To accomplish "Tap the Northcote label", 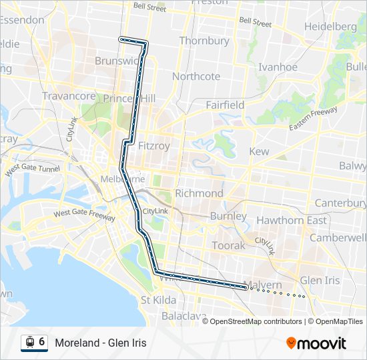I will point(196,76).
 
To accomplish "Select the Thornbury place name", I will point(204,41).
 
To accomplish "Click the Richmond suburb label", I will point(199,193).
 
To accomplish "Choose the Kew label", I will point(259,151).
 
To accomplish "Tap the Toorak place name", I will point(229,245).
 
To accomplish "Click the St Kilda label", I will point(157,300).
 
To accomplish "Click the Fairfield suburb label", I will point(225,105).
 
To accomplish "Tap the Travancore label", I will point(69,96).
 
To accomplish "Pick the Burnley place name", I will point(228,216).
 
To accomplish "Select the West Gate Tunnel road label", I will point(32,170).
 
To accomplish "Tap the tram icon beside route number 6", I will point(29,343).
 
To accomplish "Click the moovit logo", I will point(316,343).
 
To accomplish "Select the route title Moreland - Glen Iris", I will point(101,343).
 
